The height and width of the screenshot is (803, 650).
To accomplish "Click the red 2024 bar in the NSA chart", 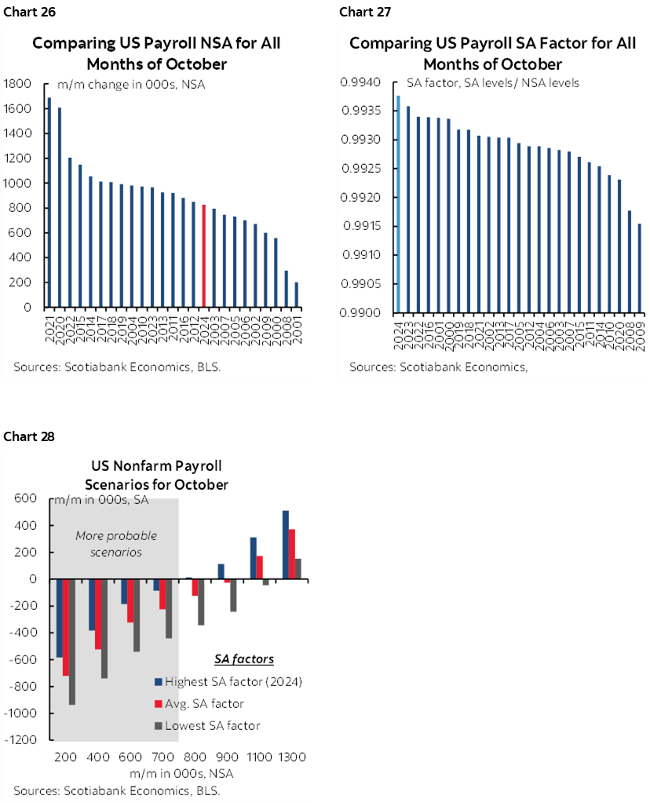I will coord(204,256).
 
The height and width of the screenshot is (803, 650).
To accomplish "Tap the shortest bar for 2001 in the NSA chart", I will coord(296,295).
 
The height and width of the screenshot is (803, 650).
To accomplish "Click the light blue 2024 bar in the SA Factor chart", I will coord(399,204).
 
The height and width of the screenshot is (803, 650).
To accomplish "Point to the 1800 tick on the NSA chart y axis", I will coord(17,83).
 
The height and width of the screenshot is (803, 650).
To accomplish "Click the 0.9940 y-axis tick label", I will coord(361,82).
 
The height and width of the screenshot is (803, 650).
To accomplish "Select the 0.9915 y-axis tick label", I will coord(361,226).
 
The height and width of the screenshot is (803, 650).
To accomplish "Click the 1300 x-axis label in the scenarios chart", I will coord(292,757).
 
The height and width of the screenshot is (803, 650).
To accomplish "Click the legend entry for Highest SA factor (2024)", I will coord(228,681).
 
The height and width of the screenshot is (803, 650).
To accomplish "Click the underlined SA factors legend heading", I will coord(244,659).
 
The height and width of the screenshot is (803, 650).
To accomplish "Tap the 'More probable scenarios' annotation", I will coord(116,543).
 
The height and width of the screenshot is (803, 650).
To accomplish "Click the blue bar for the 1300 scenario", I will coord(285,545).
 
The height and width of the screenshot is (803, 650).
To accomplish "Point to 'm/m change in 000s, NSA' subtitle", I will coord(131,84).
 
